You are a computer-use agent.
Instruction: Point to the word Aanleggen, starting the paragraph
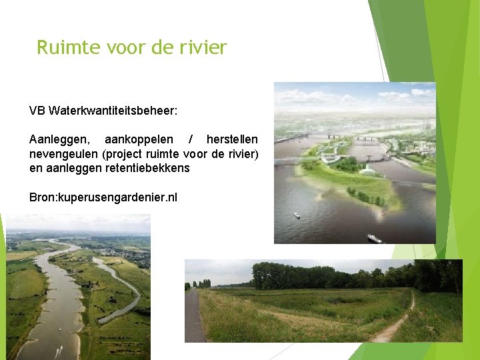(x=57, y=140)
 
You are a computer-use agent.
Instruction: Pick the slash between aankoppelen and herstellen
(x=191, y=140)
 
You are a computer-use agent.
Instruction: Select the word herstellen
(x=232, y=140)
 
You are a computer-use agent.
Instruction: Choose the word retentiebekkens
(x=147, y=168)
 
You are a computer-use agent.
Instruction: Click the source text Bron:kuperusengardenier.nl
(x=103, y=197)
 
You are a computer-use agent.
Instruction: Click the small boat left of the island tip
(x=297, y=215)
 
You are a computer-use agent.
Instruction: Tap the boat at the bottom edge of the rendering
(x=373, y=238)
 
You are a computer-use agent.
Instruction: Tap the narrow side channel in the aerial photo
(x=127, y=293)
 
